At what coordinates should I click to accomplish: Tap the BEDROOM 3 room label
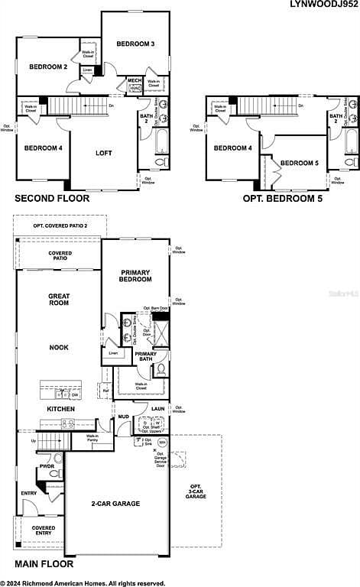click(x=135, y=44)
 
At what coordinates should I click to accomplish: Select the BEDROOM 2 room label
click(x=49, y=67)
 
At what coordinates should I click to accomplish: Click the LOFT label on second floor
click(x=103, y=154)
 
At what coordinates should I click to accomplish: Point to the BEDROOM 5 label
click(x=299, y=163)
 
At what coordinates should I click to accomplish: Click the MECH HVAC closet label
click(x=135, y=84)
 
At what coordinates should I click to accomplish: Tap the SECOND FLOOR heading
click(x=52, y=199)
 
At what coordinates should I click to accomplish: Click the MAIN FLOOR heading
click(x=44, y=564)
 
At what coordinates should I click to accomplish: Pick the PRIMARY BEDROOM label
click(x=136, y=276)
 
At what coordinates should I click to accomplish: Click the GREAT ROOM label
click(x=59, y=300)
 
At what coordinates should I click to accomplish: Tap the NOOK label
click(x=59, y=348)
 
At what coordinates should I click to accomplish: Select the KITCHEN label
click(x=60, y=410)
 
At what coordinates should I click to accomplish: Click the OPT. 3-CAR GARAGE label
click(x=196, y=491)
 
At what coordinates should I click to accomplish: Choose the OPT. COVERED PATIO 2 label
click(x=60, y=226)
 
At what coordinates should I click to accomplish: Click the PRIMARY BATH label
click(x=144, y=356)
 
